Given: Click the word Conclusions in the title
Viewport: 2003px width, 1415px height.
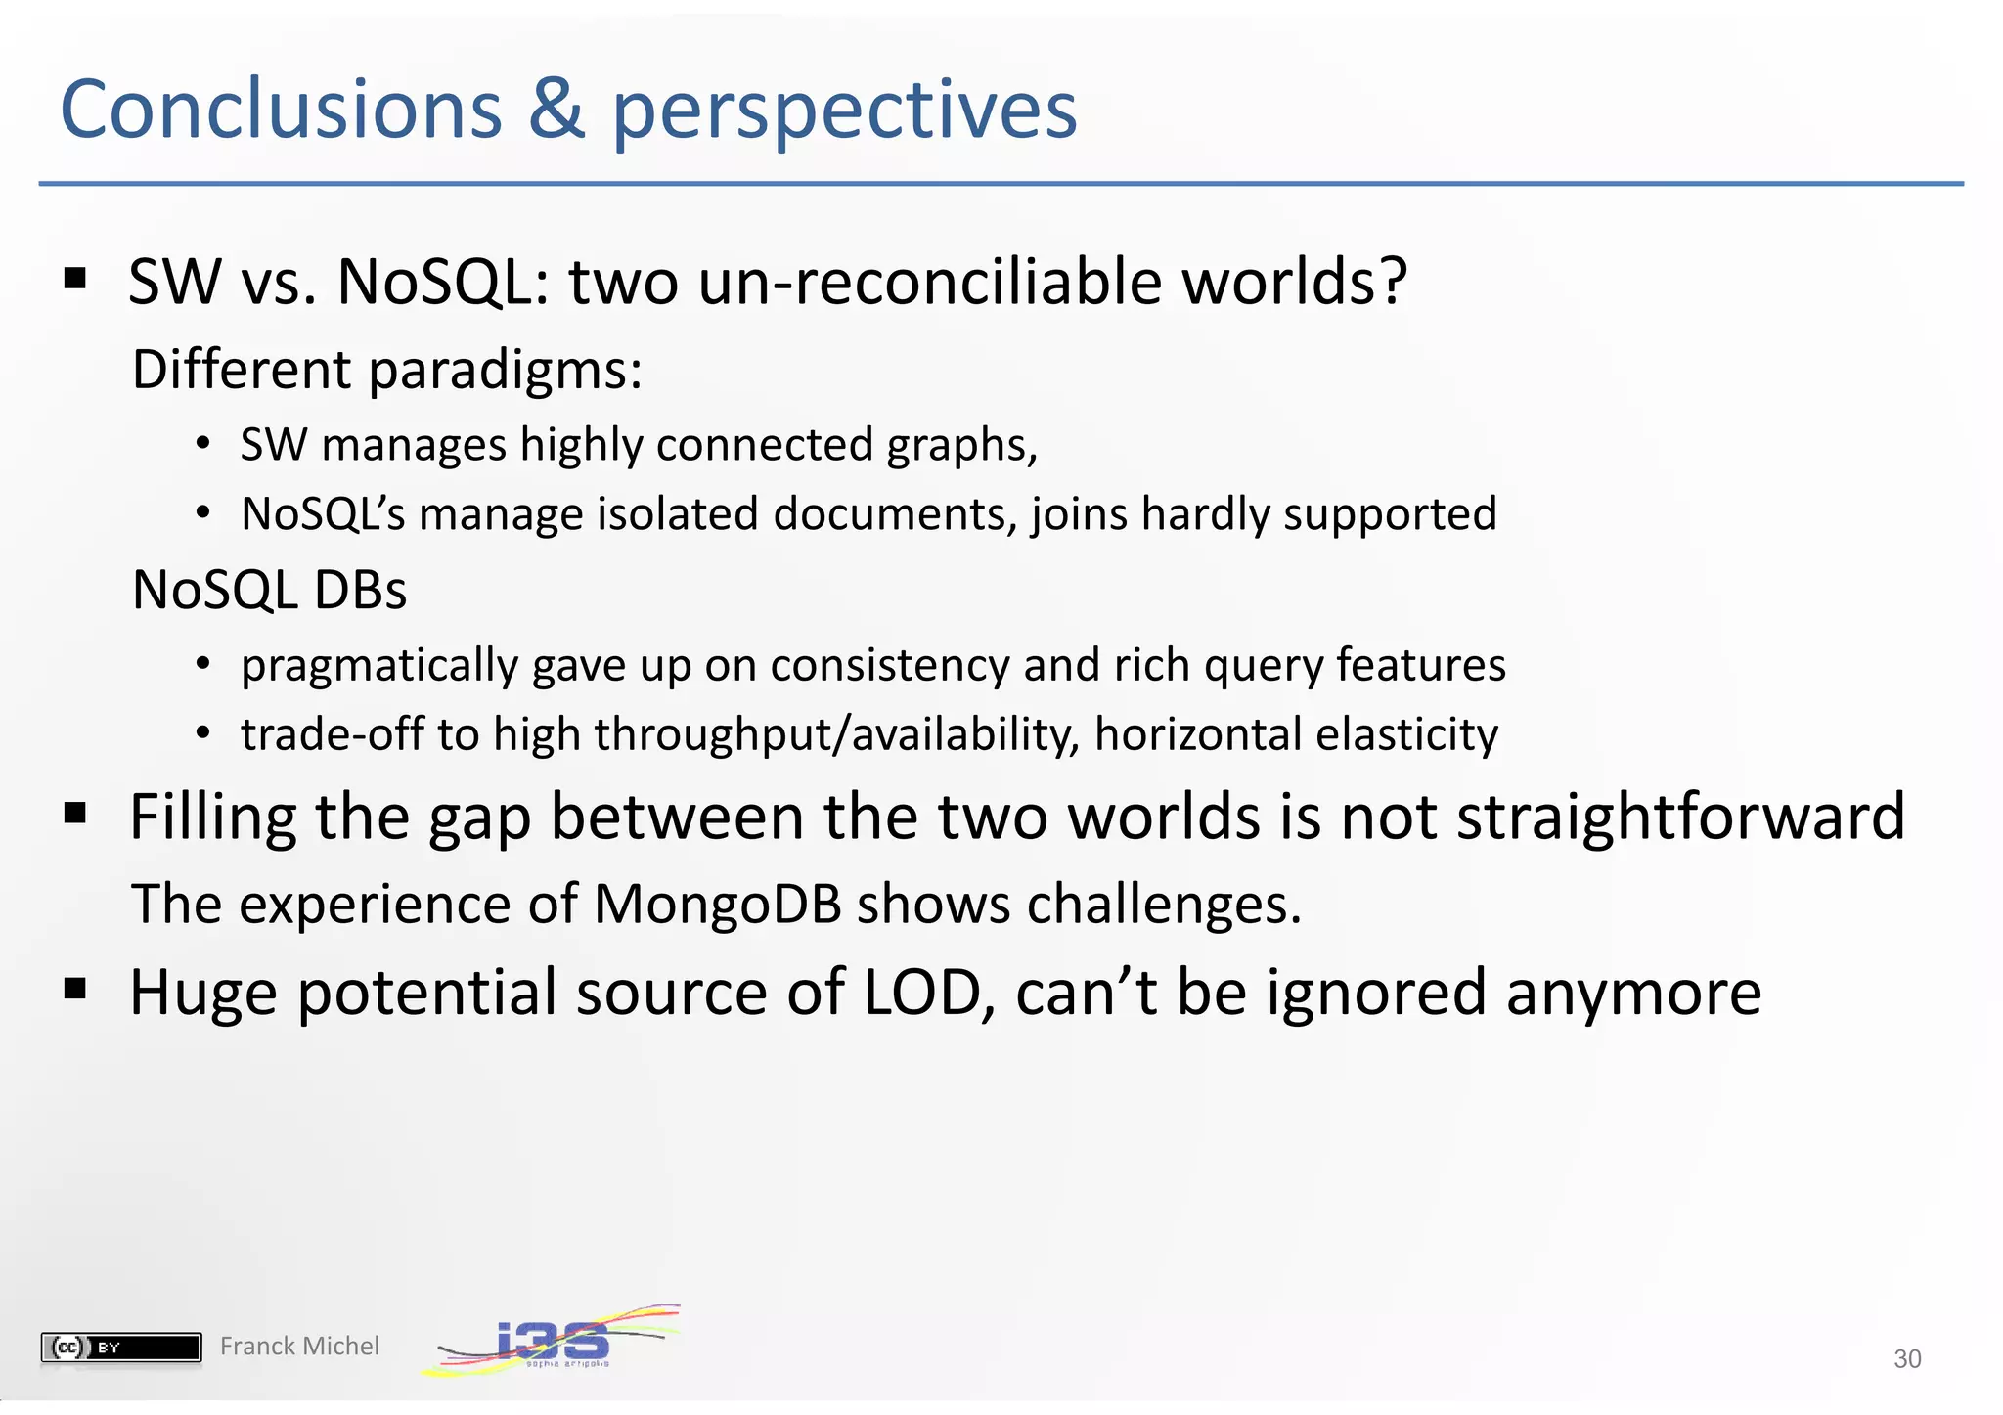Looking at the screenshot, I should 281,110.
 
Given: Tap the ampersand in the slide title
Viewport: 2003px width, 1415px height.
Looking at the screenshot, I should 556,110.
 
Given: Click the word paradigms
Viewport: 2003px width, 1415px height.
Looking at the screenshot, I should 505,372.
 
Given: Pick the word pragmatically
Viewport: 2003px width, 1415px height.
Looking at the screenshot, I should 379,667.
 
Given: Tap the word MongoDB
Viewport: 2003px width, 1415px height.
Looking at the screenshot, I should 717,904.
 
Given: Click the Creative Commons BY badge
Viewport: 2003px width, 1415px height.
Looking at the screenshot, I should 121,1348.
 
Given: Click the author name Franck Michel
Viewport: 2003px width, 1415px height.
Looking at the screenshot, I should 299,1347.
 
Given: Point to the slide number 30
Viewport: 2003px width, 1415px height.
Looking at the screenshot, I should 1907,1359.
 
